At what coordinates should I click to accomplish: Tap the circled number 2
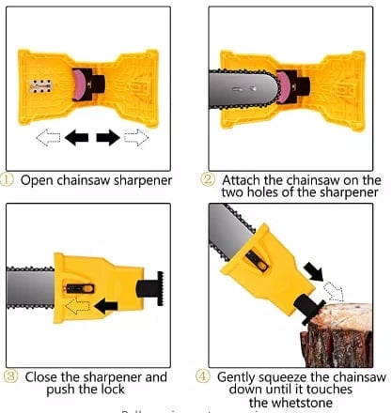(211, 179)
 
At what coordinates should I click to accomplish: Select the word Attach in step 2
(243, 179)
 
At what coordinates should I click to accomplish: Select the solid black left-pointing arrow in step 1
(76, 137)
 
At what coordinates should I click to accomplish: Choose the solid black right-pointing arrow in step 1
(108, 137)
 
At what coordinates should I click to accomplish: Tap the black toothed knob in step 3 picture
(151, 287)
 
